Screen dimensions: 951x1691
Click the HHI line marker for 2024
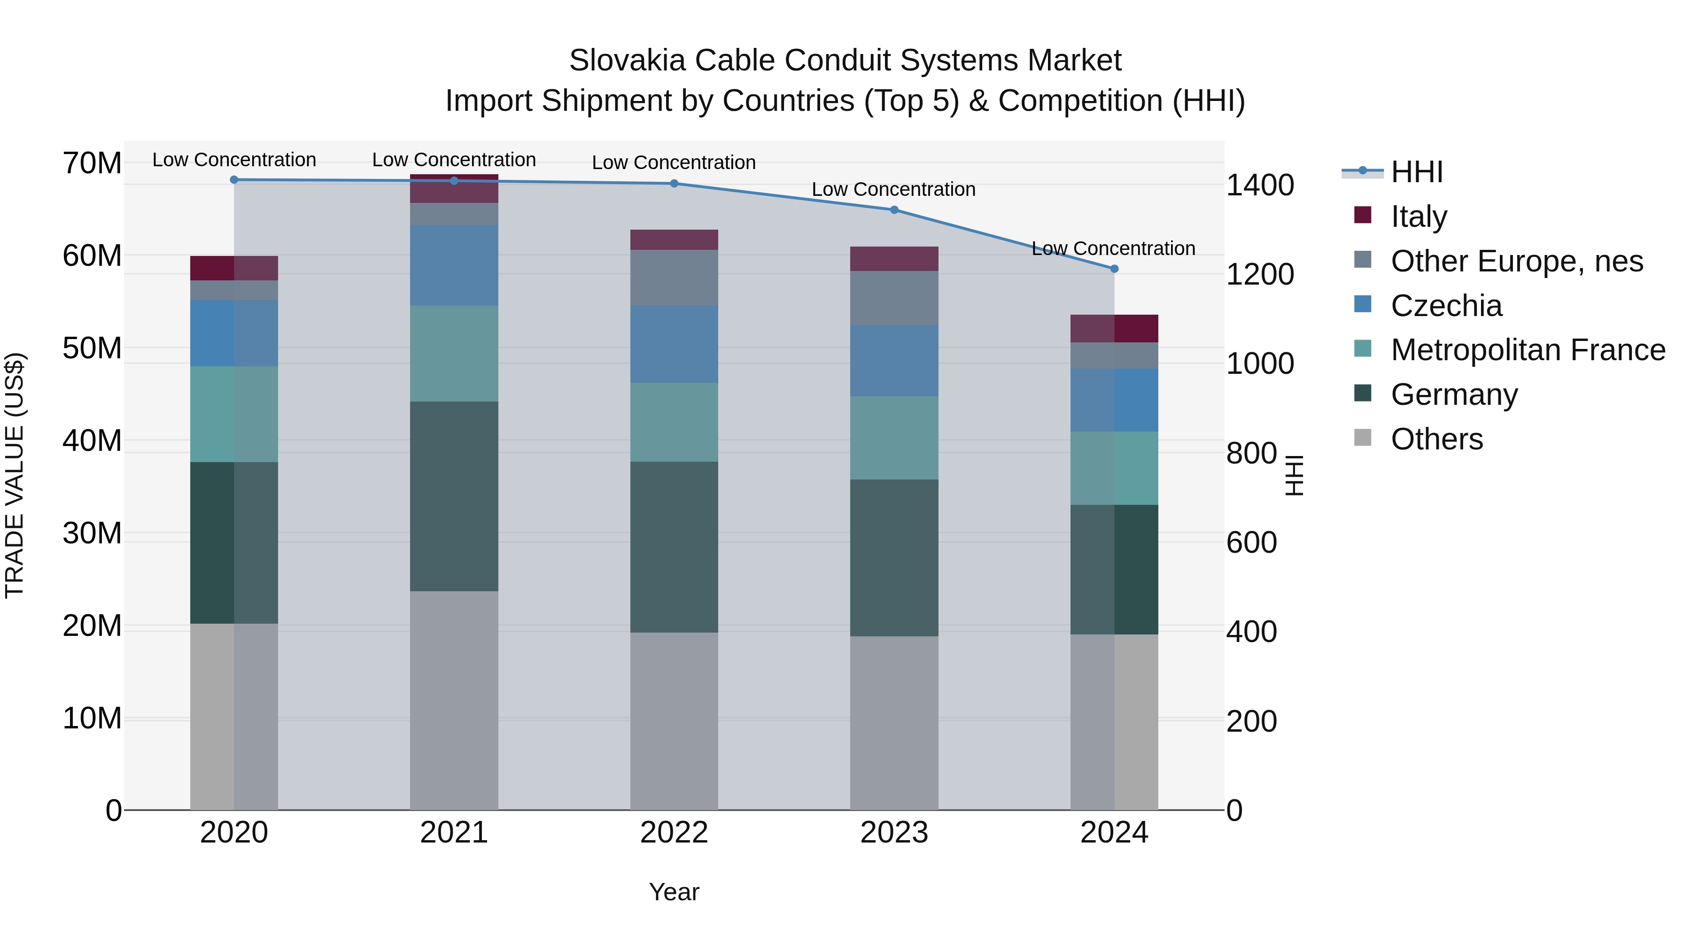1114,269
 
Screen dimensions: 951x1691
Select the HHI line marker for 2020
234,179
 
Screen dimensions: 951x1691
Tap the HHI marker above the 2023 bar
894,210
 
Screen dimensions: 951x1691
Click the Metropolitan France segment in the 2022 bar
674,422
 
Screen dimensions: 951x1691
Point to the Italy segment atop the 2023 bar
894,259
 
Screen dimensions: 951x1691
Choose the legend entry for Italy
1418,216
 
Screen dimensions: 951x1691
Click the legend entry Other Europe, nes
1516,261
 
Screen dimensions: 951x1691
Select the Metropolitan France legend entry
1528,350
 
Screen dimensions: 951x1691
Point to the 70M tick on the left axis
92,163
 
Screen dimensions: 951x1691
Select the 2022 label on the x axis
674,833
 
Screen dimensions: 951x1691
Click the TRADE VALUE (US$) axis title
15,475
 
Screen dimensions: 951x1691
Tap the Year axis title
674,892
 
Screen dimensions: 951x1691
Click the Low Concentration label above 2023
893,189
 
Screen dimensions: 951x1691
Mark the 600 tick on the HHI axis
1251,543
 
